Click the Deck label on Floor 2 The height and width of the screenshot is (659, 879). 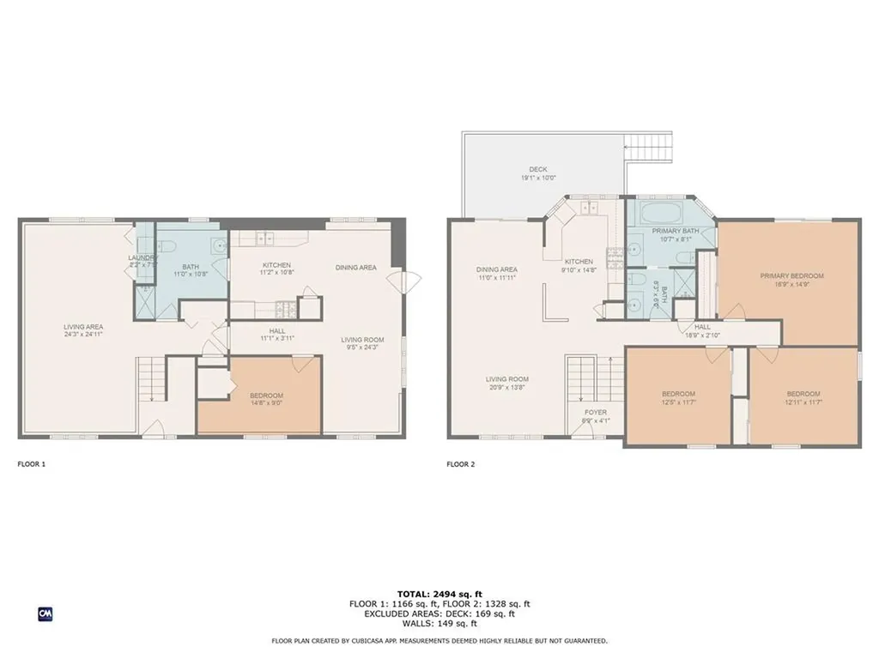click(538, 170)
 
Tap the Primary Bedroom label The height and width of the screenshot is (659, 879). click(791, 275)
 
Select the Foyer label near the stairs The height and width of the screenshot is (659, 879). click(595, 413)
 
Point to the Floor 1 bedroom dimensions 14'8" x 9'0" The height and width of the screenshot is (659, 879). click(259, 403)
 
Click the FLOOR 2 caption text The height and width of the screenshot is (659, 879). click(461, 464)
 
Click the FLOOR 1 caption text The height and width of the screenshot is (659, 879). click(32, 464)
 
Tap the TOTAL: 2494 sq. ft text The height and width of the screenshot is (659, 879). click(439, 594)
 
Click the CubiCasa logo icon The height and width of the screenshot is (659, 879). click(45, 614)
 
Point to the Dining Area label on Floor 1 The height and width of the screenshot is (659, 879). click(355, 268)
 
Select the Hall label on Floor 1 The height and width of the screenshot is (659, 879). click(276, 331)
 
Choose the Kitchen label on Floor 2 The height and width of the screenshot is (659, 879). click(578, 262)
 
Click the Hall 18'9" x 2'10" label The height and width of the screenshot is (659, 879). click(701, 330)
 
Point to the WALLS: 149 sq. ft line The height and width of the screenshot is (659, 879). click(439, 624)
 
